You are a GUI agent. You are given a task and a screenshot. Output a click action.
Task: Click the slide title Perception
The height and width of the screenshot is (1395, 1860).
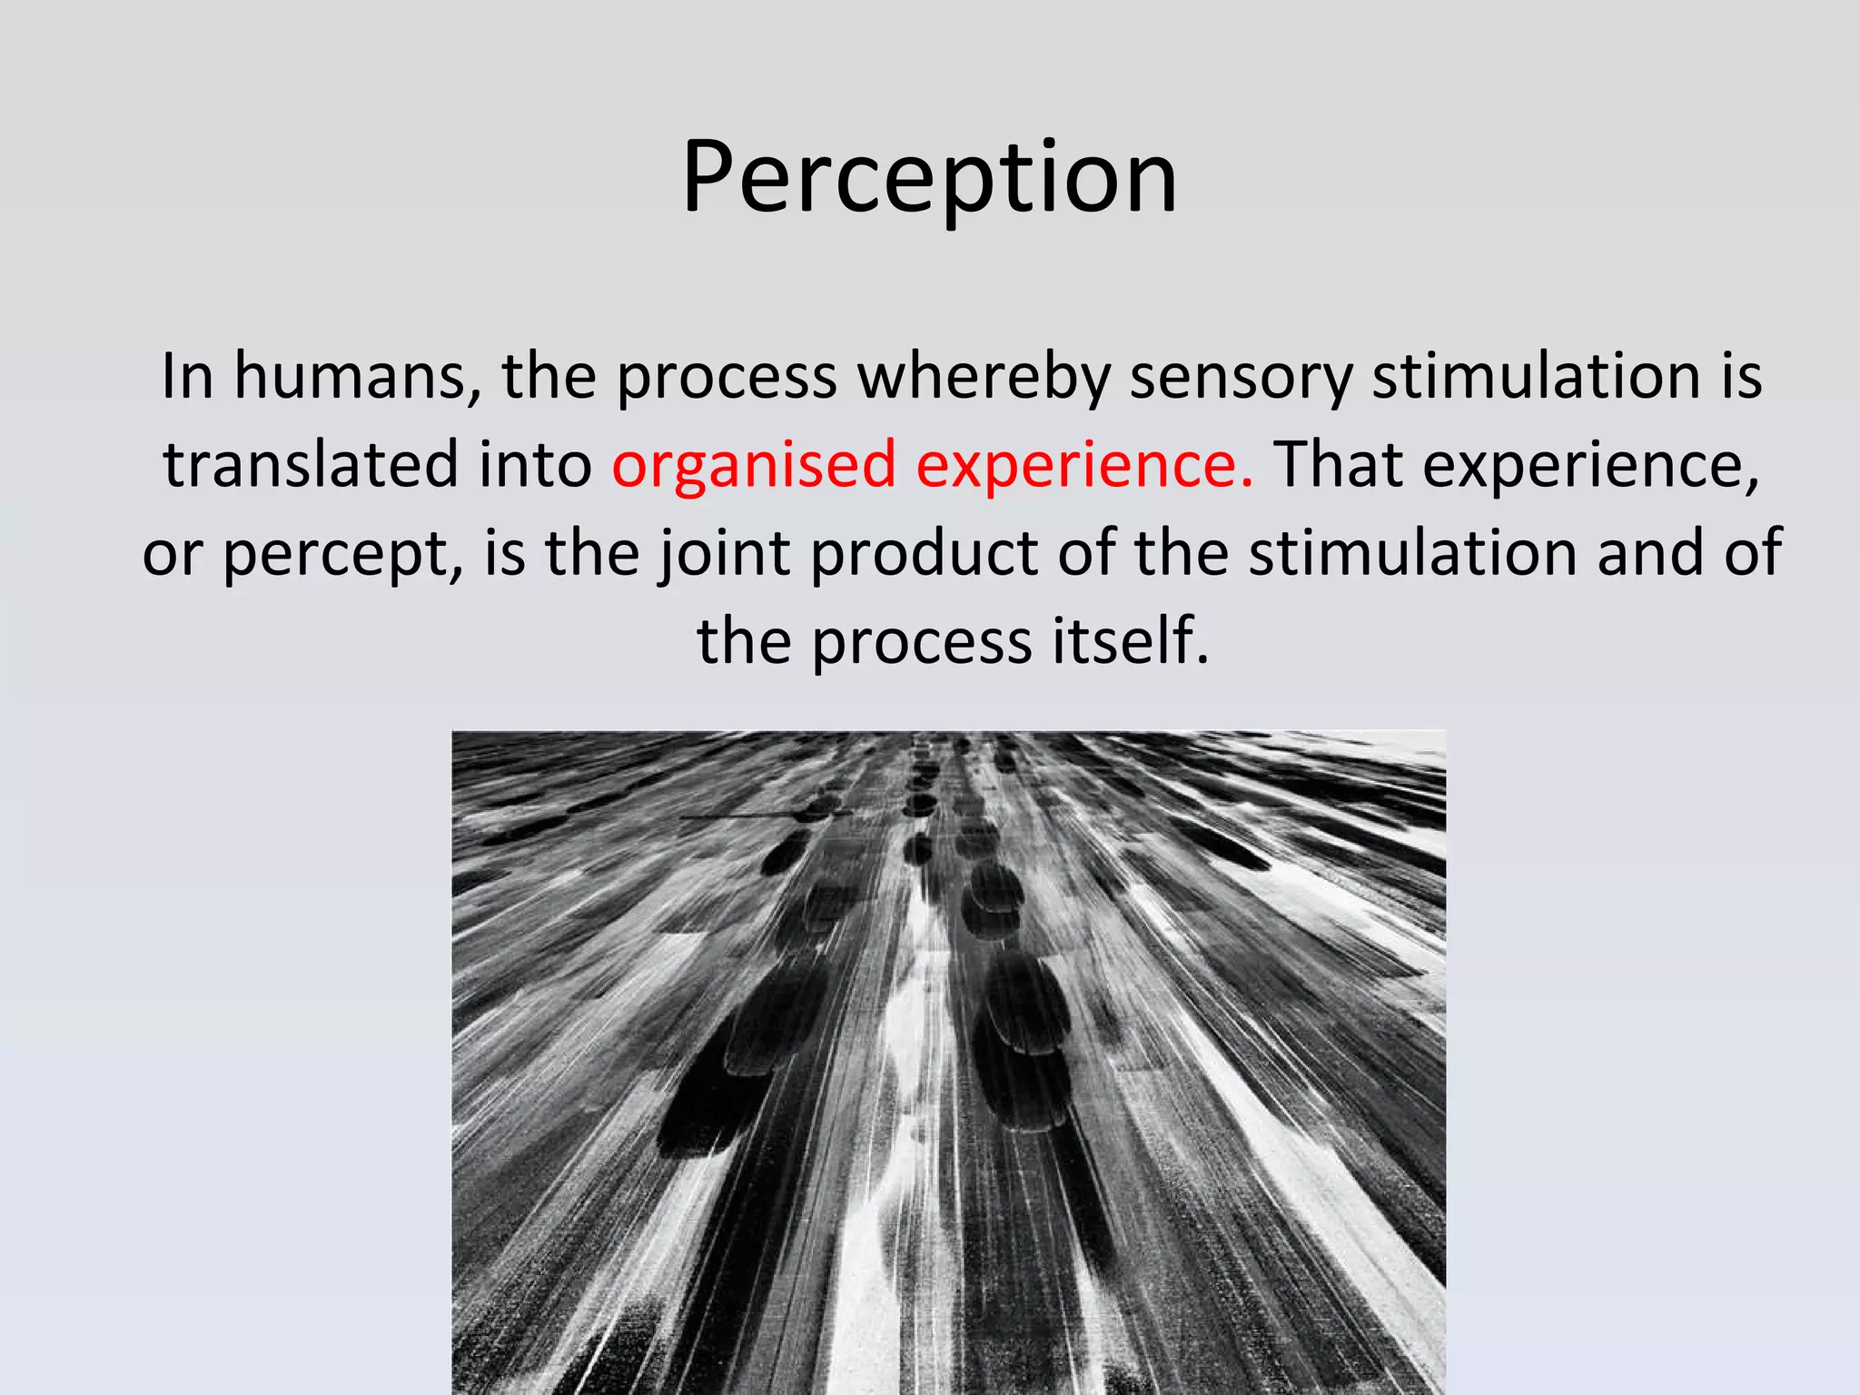[x=929, y=178]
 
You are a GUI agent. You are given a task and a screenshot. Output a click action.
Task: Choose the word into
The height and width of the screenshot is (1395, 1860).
[x=536, y=465]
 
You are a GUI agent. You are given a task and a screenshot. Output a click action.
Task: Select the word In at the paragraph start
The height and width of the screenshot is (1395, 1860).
[x=187, y=377]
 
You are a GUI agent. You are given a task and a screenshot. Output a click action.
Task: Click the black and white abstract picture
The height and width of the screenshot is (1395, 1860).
[x=948, y=1062]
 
